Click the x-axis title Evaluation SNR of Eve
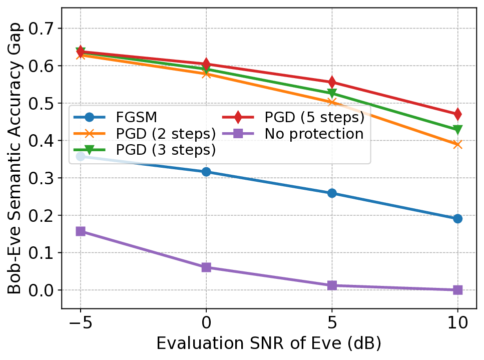[x=269, y=343]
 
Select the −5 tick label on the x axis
[x=80, y=322]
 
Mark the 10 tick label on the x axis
[x=457, y=322]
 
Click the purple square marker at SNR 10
[x=457, y=290]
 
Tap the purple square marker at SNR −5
[x=80, y=231]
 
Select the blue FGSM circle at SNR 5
[x=331, y=193]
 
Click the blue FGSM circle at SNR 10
[x=457, y=218]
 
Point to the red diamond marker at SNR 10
[x=457, y=115]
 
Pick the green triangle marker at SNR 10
[x=457, y=130]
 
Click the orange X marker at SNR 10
[x=457, y=145]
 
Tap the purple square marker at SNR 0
[x=206, y=267]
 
